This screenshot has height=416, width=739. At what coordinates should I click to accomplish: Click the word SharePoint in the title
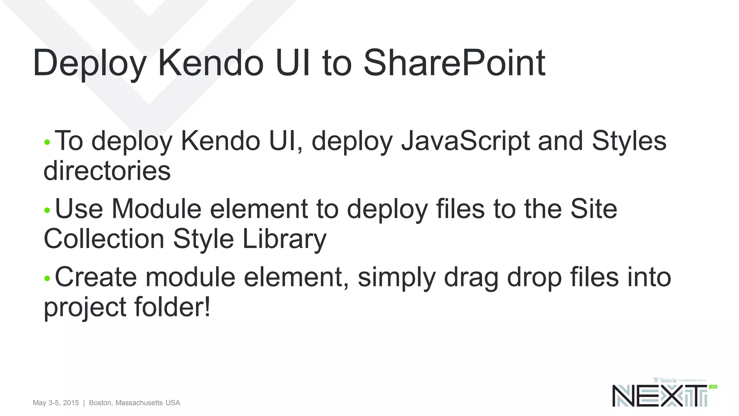point(454,63)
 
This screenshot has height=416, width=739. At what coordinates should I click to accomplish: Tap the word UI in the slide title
point(292,63)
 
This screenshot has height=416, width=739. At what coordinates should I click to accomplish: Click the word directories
point(107,171)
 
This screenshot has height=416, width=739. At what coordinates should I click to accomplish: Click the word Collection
point(104,239)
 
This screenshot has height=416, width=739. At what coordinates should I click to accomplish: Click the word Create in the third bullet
point(96,277)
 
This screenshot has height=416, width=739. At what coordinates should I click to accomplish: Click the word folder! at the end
point(172,307)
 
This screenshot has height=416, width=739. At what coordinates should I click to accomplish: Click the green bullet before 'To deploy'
point(47,142)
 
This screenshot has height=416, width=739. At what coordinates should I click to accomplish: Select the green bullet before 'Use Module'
point(47,210)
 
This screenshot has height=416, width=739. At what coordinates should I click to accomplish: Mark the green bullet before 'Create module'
point(47,278)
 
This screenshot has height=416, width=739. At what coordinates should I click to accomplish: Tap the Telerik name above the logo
point(668,380)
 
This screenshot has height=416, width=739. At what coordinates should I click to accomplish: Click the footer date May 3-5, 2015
point(56,403)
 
